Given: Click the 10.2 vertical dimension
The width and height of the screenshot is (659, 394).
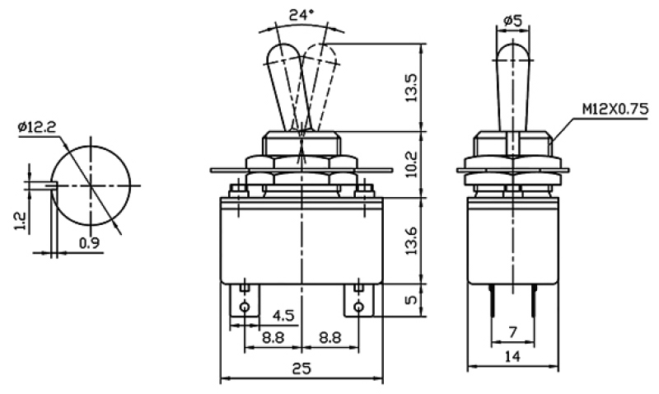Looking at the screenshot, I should pos(414,165).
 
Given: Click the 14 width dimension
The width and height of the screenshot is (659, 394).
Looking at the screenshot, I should pos(511,356).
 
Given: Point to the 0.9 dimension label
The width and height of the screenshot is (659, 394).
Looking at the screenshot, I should pos(90,242).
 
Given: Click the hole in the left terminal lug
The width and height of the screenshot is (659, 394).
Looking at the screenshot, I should pos(245,307).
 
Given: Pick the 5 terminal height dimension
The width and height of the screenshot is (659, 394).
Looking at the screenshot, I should pos(414,299).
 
